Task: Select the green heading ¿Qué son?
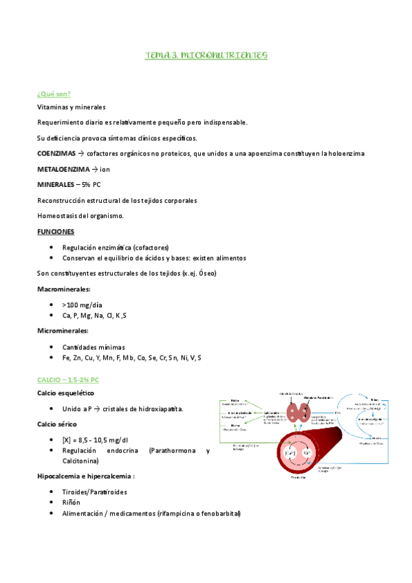pyautogui.click(x=54, y=93)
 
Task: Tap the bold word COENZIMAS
pyautogui.click(x=56, y=153)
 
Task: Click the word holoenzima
pyautogui.click(x=348, y=153)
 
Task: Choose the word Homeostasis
pyautogui.click(x=58, y=216)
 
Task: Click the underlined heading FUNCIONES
pyautogui.click(x=56, y=232)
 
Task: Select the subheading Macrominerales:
pyautogui.click(x=64, y=289)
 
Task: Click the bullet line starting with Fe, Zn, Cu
pyautogui.click(x=131, y=357)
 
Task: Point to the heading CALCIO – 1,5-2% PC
pyautogui.click(x=68, y=379)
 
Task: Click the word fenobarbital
pyautogui.click(x=219, y=514)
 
